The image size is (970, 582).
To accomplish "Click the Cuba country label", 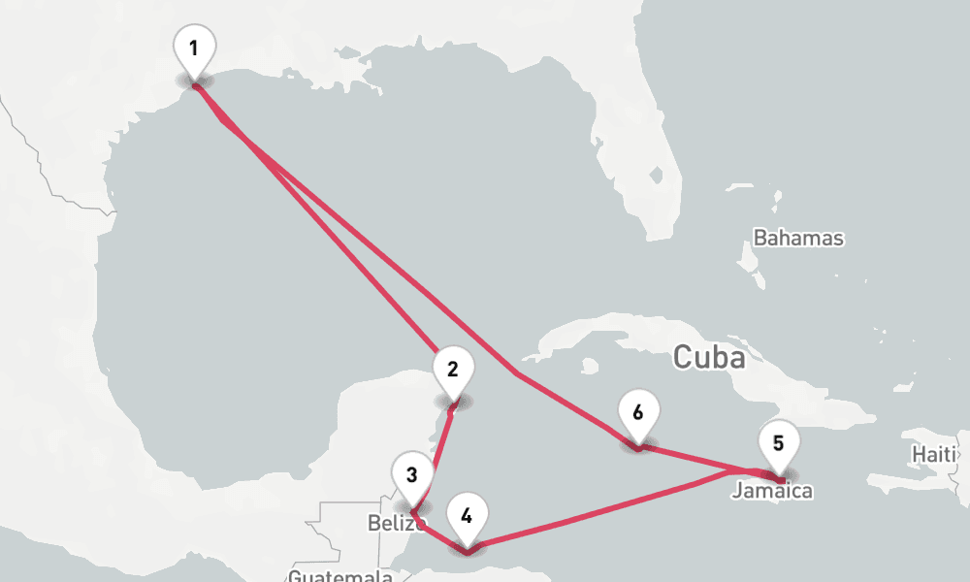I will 710,358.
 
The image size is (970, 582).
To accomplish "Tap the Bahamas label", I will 798,239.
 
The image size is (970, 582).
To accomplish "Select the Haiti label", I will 935,454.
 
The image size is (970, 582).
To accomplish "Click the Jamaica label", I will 772,492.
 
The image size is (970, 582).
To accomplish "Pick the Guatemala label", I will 339,576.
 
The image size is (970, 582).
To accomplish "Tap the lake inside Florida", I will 658,177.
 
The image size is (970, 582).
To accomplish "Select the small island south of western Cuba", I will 589,367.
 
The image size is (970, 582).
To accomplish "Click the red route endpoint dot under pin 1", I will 196,85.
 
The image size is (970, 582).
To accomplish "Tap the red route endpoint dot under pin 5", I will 781,480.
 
